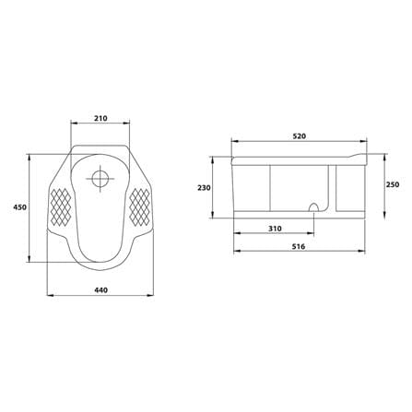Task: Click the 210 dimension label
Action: (x=100, y=118)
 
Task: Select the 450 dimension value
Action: (x=20, y=207)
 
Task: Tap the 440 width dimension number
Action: (x=100, y=290)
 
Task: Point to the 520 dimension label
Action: (x=299, y=136)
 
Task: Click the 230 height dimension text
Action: (x=204, y=188)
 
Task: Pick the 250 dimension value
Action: (x=393, y=184)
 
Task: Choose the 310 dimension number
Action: (x=275, y=229)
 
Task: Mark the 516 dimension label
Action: (x=299, y=247)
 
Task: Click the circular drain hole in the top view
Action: (x=100, y=179)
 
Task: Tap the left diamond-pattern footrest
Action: (x=61, y=206)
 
